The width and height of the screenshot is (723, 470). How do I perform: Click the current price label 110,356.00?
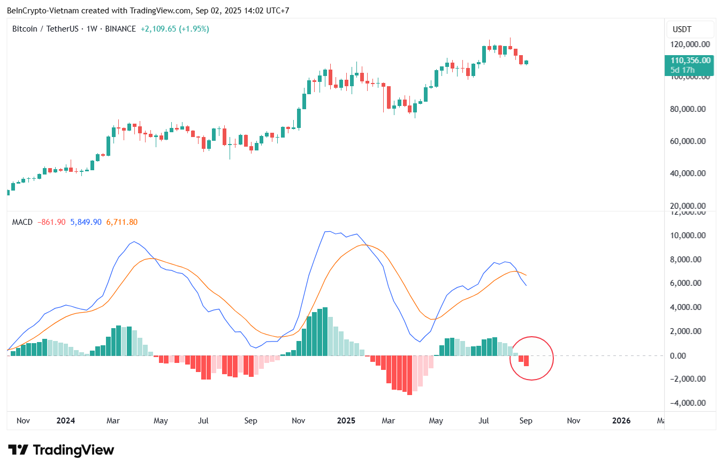click(x=690, y=60)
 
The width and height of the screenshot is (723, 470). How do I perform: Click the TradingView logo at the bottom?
click(x=61, y=450)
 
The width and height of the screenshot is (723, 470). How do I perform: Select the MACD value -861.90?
click(x=51, y=222)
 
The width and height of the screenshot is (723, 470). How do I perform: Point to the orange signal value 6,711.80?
click(x=122, y=222)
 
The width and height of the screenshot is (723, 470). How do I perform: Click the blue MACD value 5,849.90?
click(x=86, y=222)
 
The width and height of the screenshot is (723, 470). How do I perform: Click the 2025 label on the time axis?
click(x=346, y=421)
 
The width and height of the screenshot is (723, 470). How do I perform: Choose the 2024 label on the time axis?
click(x=66, y=421)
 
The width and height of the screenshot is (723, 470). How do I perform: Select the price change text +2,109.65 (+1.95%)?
click(x=174, y=29)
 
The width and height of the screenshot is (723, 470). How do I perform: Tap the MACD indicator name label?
click(x=22, y=222)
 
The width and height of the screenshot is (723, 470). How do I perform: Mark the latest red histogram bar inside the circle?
click(x=526, y=361)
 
